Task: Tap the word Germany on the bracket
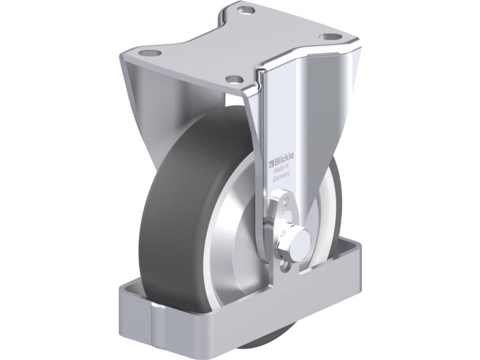click(281, 177)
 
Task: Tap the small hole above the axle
click(286, 202)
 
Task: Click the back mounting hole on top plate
click(247, 11)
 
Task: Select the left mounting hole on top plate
click(150, 53)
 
